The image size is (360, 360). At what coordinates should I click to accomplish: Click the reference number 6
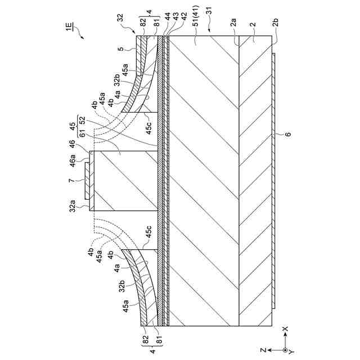288,134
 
